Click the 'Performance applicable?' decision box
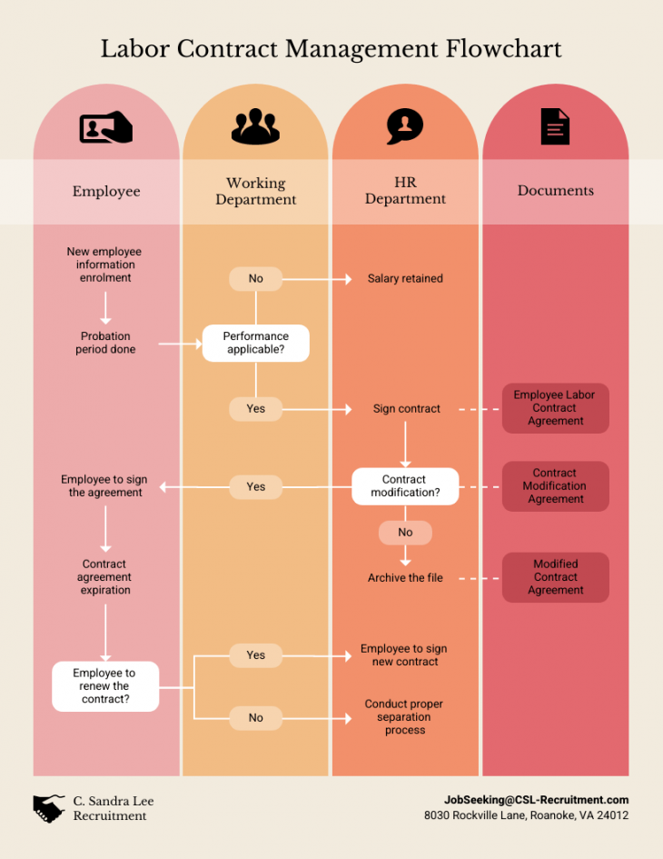pos(255,343)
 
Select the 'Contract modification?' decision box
pos(405,486)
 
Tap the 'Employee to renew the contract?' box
pos(105,686)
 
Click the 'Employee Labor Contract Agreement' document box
pos(555,408)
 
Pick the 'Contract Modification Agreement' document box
pos(555,486)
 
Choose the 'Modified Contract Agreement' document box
pos(555,577)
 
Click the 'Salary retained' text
pos(405,279)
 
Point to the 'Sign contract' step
pos(406,409)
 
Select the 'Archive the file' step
pos(405,578)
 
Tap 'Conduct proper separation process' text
pos(404,717)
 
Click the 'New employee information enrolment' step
pos(104,265)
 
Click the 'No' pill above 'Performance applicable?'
pos(255,279)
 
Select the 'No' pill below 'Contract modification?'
pos(405,533)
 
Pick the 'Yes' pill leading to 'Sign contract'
pos(255,409)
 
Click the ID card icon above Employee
pos(105,128)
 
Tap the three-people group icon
pos(255,127)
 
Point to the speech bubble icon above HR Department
pos(404,126)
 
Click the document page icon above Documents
pos(555,127)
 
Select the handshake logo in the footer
pos(49,808)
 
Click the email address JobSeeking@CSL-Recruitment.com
pos(536,800)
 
